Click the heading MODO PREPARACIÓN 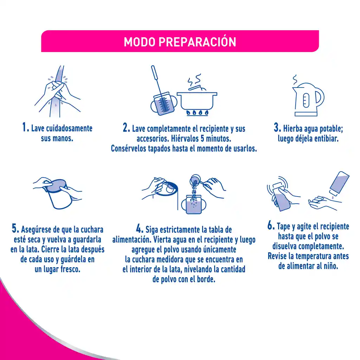[x=180, y=42]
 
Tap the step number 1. [x=25, y=127]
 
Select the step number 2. [x=127, y=128]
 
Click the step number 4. [x=140, y=229]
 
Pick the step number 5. [x=15, y=229]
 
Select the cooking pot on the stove [x=197, y=100]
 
